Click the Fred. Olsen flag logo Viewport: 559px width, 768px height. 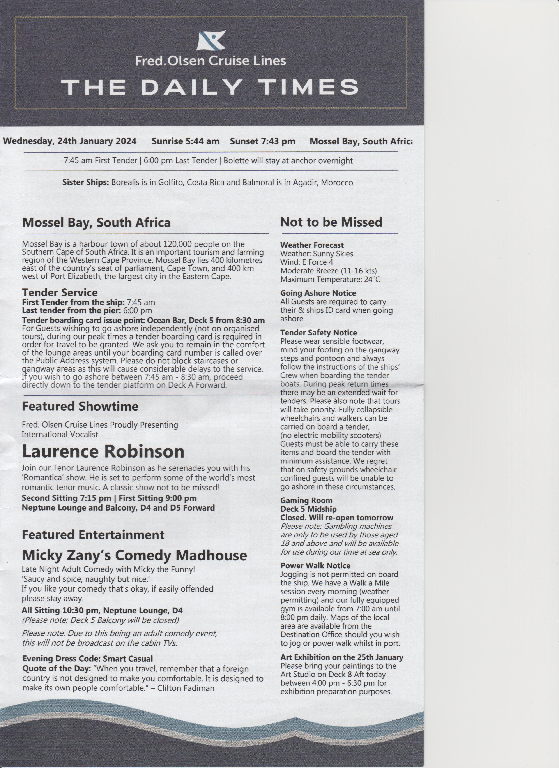pyautogui.click(x=211, y=41)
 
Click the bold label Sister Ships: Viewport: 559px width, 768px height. pyautogui.click(x=85, y=183)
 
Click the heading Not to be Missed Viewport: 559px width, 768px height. pyautogui.click(x=331, y=222)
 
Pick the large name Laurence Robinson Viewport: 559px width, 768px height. pyautogui.click(x=103, y=451)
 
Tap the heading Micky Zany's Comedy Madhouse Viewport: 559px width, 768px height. pyautogui.click(x=134, y=555)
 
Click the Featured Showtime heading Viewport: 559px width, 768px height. pyautogui.click(x=80, y=406)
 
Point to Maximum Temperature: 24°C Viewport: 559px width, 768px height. pyautogui.click(x=330, y=279)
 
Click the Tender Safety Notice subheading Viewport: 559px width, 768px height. pyautogui.click(x=318, y=333)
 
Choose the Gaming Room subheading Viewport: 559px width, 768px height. pyautogui.click(x=306, y=500)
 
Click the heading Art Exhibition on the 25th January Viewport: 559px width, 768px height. pyautogui.click(x=341, y=657)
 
